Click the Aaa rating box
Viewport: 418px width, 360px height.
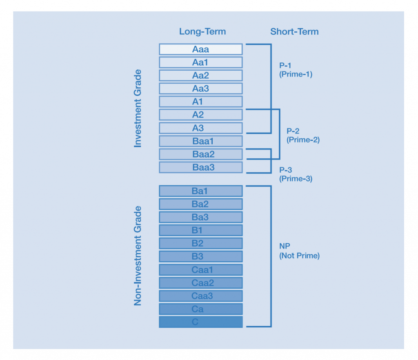(200, 49)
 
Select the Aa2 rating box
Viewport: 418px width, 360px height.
(200, 76)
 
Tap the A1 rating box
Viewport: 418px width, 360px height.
(200, 102)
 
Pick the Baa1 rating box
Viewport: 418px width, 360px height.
(200, 141)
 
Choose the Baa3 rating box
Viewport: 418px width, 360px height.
(200, 167)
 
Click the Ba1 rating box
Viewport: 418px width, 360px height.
(200, 191)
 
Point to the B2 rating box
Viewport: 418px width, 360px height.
(200, 244)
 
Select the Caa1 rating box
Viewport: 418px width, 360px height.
(200, 270)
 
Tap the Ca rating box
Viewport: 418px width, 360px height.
(200, 309)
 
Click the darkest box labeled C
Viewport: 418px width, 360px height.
(200, 322)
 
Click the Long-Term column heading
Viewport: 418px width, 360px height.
(202, 32)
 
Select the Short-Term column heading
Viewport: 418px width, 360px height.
(294, 32)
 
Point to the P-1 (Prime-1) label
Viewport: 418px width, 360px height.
(296, 70)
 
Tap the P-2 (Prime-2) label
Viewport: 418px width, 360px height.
(303, 135)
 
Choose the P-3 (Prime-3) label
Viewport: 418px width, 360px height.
(296, 174)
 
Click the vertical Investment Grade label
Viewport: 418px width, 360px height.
(138, 108)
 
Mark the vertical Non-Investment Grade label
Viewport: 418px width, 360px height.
(138, 256)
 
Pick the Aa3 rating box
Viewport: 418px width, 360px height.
(200, 89)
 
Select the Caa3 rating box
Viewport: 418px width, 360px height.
(200, 296)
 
